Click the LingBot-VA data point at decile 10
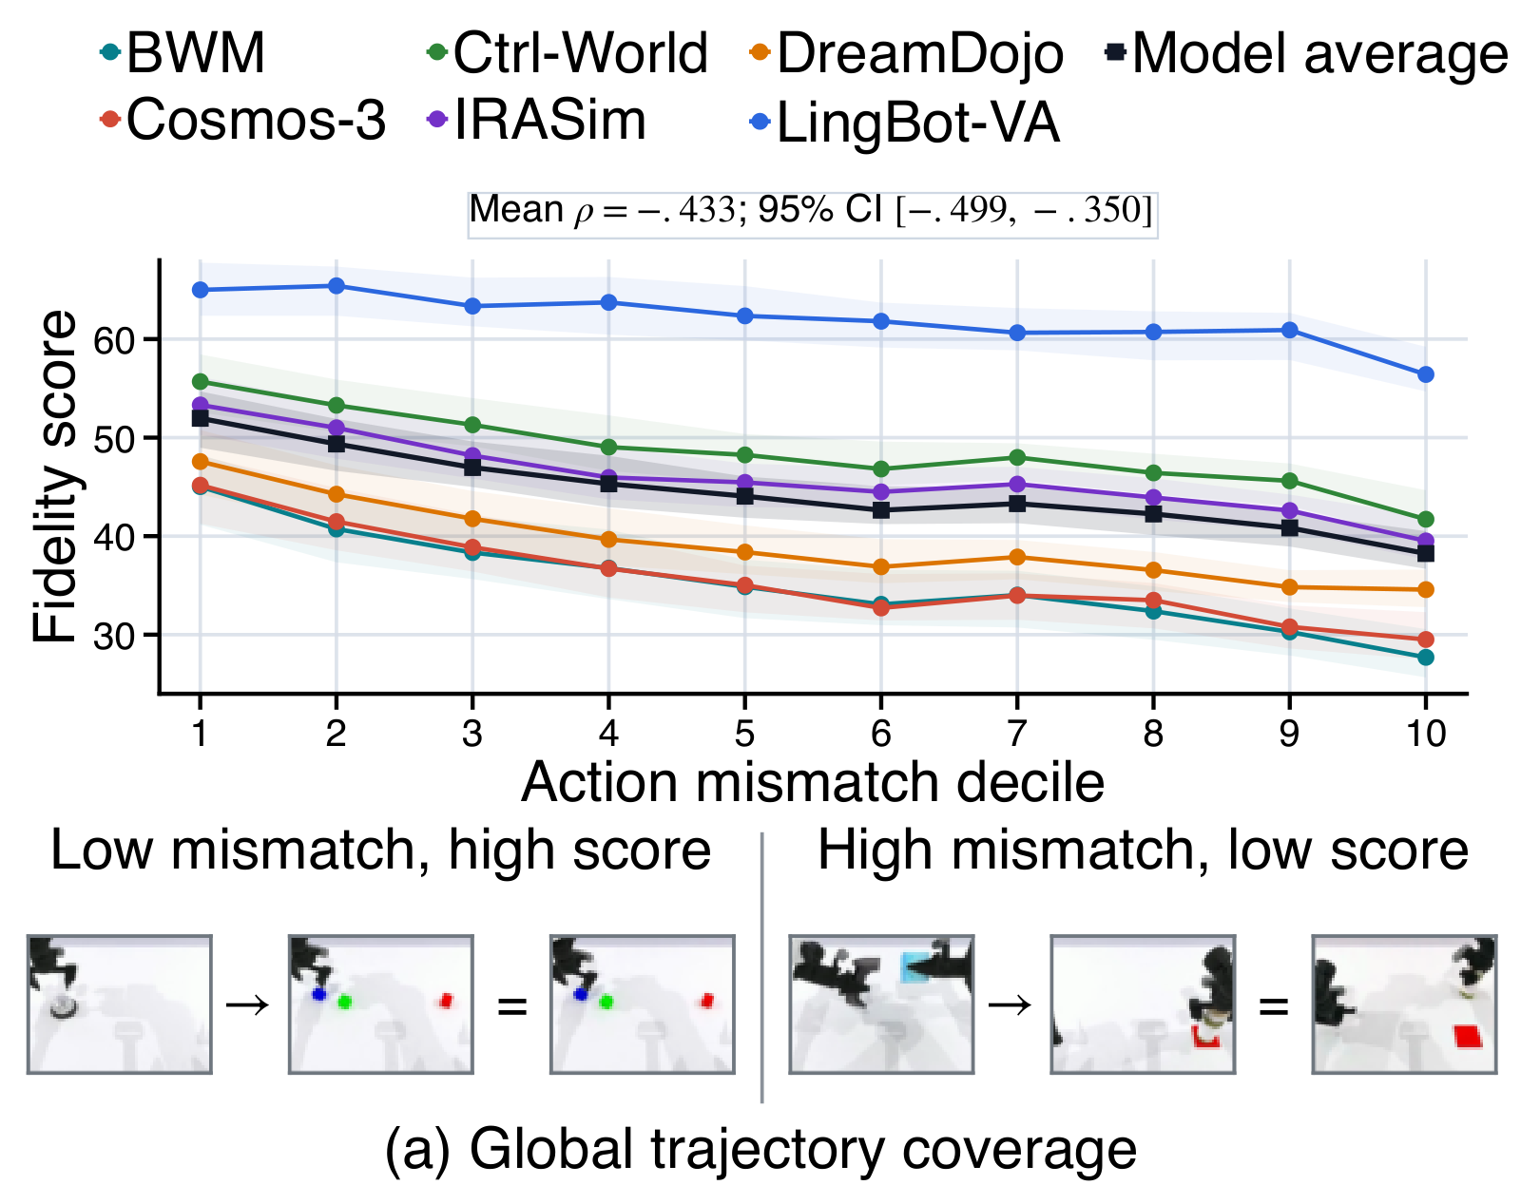click(1426, 374)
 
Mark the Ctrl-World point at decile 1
click(201, 381)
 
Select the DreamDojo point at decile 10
click(1426, 590)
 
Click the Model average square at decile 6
click(881, 510)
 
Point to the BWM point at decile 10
click(1426, 657)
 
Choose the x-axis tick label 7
click(1017, 734)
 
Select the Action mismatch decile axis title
click(813, 782)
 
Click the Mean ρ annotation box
click(813, 215)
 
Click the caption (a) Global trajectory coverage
click(760, 1149)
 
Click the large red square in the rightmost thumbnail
click(1468, 1036)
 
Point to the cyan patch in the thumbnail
click(912, 966)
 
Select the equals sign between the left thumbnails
click(511, 1007)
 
